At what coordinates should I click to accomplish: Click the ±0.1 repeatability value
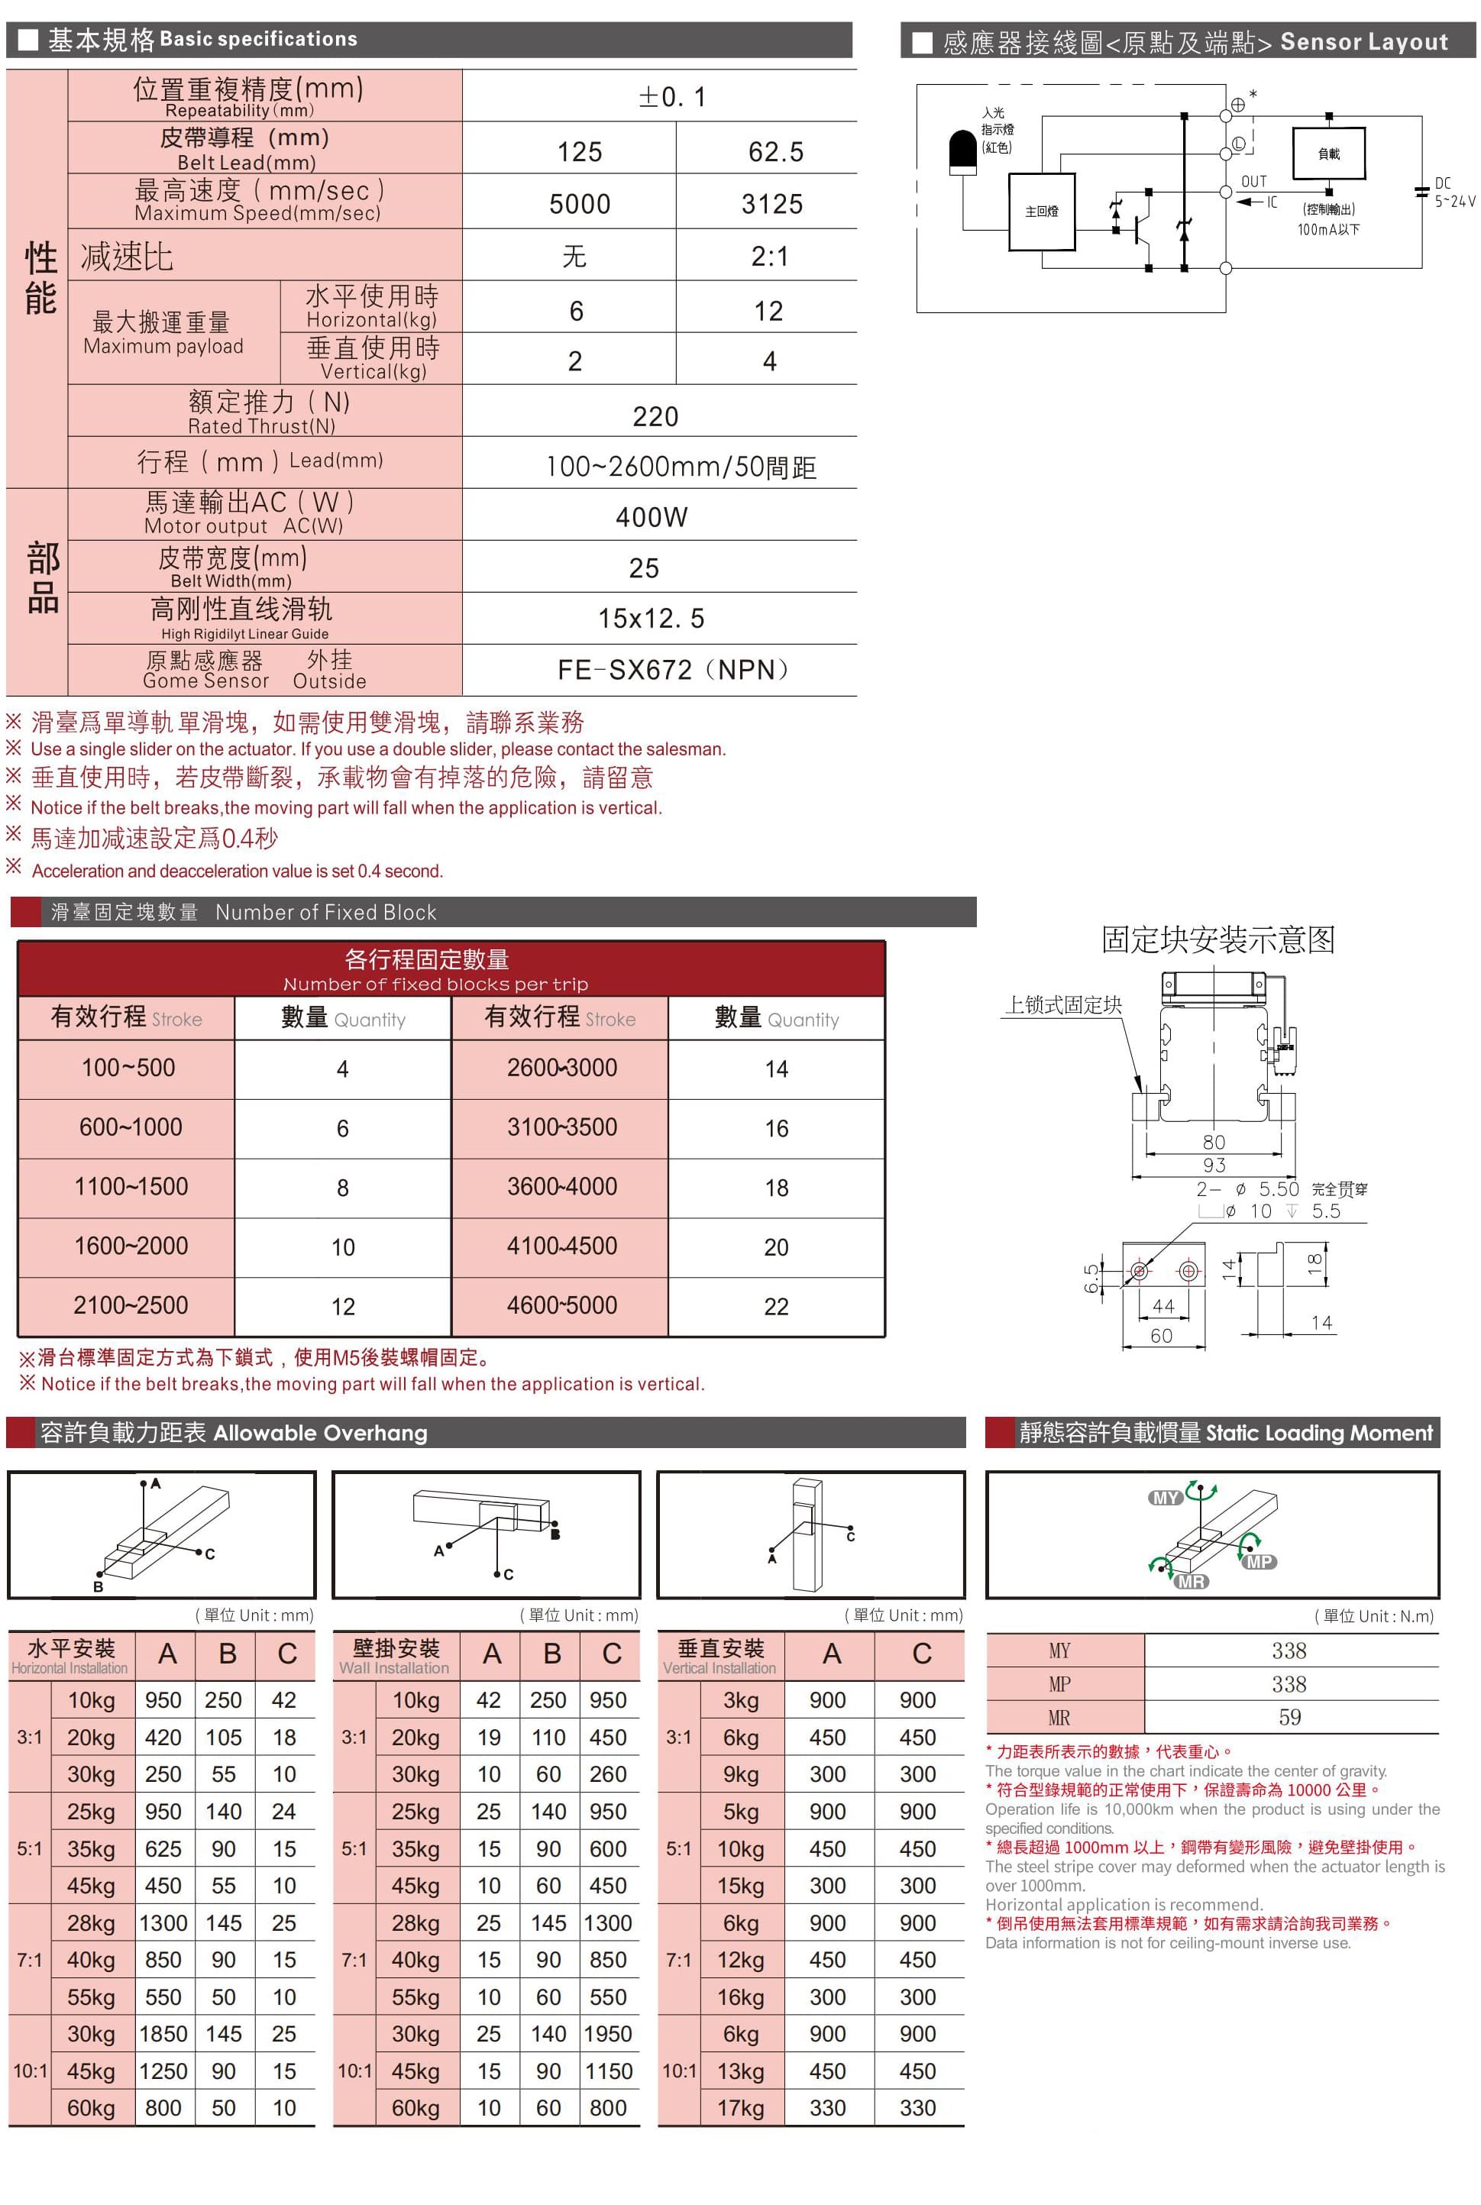[671, 97]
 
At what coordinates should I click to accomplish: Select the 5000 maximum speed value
[580, 204]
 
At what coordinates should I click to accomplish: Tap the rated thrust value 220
[655, 416]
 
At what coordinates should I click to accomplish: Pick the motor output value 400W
[652, 516]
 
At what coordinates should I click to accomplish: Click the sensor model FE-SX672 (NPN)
[672, 670]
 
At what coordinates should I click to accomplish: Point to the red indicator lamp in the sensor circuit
[962, 152]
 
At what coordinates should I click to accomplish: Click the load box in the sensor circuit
[1328, 153]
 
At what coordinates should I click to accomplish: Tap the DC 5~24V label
[1454, 192]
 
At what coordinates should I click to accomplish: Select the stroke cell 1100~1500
[131, 1186]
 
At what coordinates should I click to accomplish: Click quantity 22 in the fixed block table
[775, 1306]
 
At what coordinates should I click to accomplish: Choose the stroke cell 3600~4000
[561, 1186]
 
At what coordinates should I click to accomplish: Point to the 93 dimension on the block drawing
[1214, 1166]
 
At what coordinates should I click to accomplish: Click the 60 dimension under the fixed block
[1161, 1335]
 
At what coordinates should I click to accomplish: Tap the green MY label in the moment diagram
[1166, 1498]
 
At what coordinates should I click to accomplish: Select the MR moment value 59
[1289, 1717]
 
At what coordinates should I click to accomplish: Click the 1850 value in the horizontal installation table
[163, 2033]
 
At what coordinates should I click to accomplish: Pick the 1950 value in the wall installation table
[607, 2033]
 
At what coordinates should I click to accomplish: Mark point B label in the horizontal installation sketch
[99, 1586]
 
